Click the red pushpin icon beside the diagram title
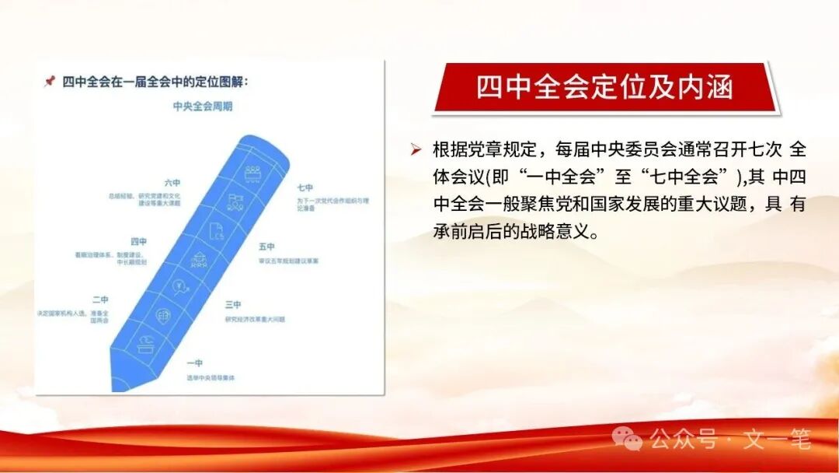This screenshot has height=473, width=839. pos(50,81)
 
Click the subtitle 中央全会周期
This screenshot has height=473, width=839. pos(202,107)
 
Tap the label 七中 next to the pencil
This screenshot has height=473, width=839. pos(305,187)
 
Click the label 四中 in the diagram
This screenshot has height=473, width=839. pos(139,242)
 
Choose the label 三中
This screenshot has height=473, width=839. pos(233,304)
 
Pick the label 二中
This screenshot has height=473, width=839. pos(100,300)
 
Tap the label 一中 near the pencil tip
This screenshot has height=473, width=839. pos(195,363)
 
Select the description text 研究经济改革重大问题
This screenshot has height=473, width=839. pos(257,318)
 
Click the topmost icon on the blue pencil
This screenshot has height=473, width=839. pos(252,172)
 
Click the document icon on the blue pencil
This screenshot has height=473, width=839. pos(217,230)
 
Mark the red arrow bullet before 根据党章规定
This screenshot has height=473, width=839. pos(417,149)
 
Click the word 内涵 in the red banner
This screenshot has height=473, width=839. pos(705,87)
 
